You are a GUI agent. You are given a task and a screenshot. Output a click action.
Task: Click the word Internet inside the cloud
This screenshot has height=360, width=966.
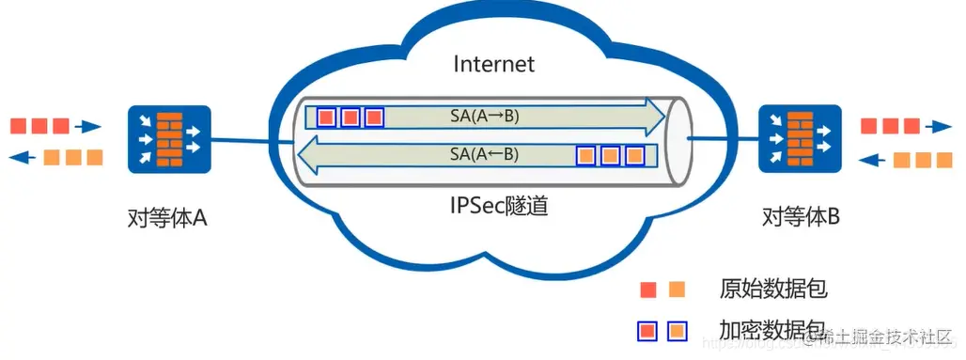[x=493, y=64]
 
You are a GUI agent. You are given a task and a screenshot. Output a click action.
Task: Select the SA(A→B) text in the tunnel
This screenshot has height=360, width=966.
[x=485, y=117]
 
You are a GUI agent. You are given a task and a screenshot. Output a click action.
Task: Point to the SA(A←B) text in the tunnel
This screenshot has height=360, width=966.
[x=485, y=153]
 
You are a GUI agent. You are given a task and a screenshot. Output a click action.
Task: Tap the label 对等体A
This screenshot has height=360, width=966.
[x=166, y=218]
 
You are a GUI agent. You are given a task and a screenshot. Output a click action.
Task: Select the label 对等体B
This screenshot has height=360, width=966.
[x=801, y=218]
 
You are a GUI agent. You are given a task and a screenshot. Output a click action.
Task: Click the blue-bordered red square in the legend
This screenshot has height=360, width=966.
[x=647, y=331]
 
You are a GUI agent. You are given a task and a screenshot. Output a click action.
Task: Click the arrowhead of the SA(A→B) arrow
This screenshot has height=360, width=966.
[x=655, y=117]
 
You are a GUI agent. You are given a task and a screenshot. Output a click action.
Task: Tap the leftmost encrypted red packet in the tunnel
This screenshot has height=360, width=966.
[x=326, y=117]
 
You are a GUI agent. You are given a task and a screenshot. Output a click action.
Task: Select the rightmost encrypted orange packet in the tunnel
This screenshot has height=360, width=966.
[x=635, y=153]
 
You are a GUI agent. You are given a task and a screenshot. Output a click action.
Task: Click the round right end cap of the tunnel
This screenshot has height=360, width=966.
[x=678, y=136]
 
